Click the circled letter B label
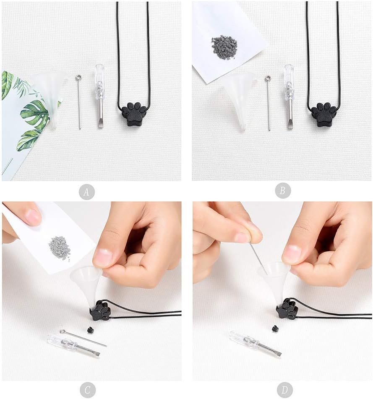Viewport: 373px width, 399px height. point(283,190)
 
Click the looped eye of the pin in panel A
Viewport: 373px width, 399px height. point(78,77)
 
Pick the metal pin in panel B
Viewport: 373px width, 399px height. point(268,103)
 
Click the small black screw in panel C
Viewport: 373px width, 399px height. point(89,330)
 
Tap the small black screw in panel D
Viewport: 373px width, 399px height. point(275,329)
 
